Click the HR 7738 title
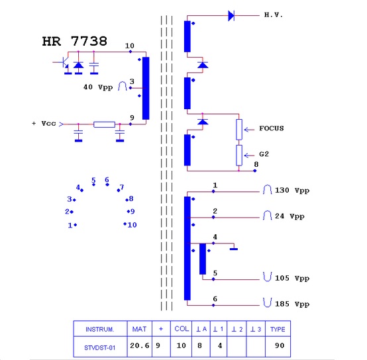(x=75, y=41)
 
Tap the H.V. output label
(x=274, y=15)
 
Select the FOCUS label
(x=272, y=128)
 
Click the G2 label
(x=264, y=154)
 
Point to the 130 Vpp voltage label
(x=292, y=191)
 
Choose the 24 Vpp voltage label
(x=289, y=216)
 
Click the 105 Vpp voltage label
(x=292, y=278)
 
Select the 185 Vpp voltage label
(x=292, y=304)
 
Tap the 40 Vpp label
(x=98, y=87)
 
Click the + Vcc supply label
(x=44, y=124)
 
